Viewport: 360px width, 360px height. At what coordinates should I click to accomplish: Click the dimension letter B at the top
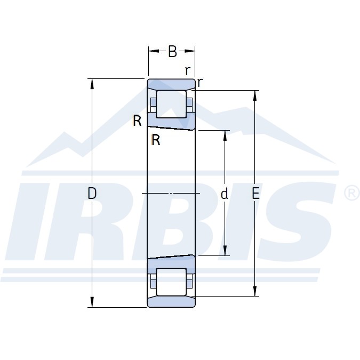[x=172, y=51]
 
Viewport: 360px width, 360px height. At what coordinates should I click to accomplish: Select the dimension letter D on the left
[x=92, y=193]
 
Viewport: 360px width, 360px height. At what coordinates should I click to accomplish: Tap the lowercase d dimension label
[x=224, y=194]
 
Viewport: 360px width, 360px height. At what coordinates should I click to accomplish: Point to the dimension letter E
[x=255, y=193]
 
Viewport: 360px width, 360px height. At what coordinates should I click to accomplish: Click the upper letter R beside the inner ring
[x=137, y=121]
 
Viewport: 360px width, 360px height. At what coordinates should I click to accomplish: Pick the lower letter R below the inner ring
[x=156, y=140]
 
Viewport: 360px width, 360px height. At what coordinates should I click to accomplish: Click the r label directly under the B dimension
[x=188, y=71]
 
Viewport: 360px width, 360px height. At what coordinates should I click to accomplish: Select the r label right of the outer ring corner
[x=200, y=82]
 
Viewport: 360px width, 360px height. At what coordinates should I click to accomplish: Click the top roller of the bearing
[x=171, y=104]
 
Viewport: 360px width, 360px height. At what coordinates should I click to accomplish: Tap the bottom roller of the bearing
[x=171, y=282]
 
